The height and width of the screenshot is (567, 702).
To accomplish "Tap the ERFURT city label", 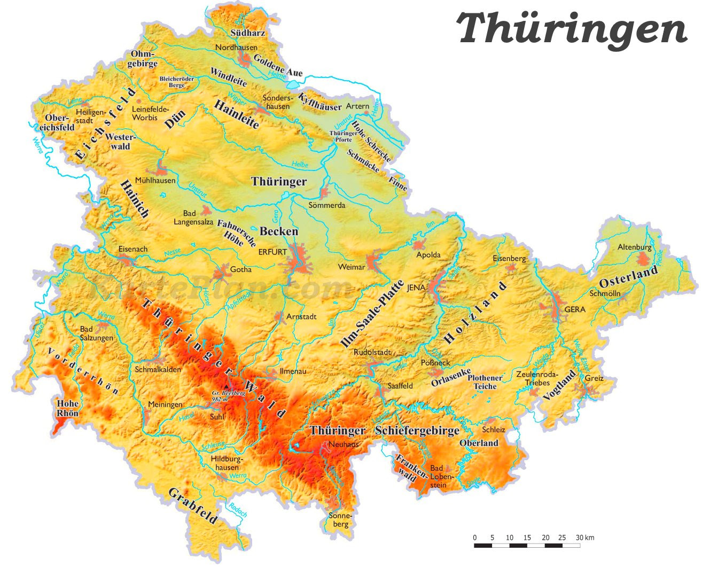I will pos(272,252).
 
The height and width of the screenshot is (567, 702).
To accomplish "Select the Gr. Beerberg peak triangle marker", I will pos(227,386).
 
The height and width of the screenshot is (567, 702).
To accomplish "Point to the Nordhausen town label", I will pos(236,48).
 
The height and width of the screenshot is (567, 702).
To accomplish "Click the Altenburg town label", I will pos(634,247).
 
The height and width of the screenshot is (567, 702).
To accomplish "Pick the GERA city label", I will pos(575,309).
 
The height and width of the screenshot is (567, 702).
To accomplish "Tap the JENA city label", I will pos(416,288).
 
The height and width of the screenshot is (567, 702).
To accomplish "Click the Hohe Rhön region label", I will pos(68,408).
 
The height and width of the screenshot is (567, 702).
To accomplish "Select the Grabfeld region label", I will pos(193,506).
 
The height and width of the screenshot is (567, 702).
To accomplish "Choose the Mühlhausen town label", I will pos(155,181).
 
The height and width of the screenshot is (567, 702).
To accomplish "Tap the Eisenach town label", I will pos(133,249).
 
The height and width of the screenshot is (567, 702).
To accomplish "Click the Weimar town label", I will pos(352,267).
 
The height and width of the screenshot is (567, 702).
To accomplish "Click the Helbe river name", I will pos(300,164).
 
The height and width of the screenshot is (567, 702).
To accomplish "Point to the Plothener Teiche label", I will pos(485,382).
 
